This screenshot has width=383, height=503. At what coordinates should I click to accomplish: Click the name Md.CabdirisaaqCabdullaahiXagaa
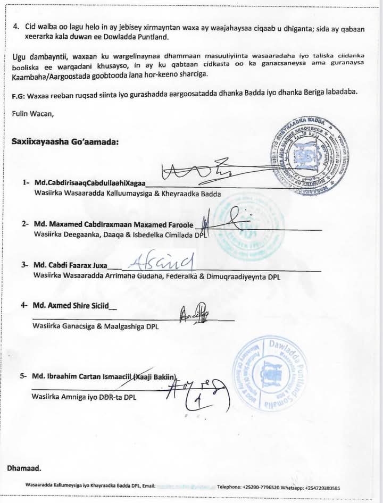pos(89,182)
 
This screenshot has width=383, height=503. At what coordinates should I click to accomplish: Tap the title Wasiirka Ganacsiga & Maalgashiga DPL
pos(96,326)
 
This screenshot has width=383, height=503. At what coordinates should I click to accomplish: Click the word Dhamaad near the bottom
pos(24,468)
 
